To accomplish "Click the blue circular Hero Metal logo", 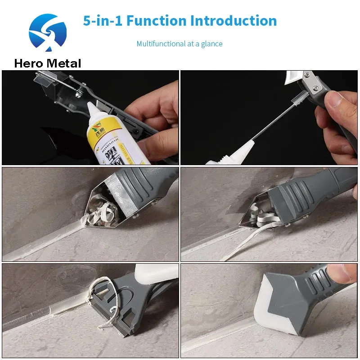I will [48, 32].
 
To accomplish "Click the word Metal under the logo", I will [63, 63].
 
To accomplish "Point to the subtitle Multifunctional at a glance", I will [180, 44].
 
